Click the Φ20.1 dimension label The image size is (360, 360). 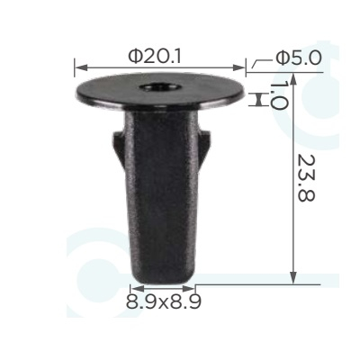(155, 57)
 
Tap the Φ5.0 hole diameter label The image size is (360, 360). (299, 58)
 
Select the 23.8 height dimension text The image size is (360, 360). (306, 178)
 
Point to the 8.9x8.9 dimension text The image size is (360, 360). (164, 301)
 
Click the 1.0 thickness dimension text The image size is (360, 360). (279, 95)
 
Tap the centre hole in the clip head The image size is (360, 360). (160, 88)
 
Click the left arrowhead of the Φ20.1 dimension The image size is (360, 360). (80, 67)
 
